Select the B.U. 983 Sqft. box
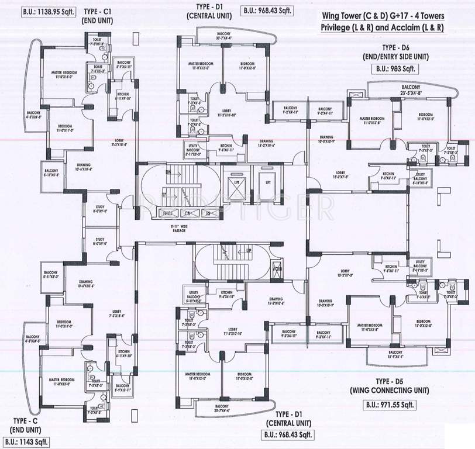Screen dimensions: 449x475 point(395,68)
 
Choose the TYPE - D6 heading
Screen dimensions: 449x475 point(396,47)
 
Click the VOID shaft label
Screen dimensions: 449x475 point(277,270)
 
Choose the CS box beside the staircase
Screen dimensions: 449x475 point(188,213)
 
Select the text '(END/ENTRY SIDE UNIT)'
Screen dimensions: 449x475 point(396,57)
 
